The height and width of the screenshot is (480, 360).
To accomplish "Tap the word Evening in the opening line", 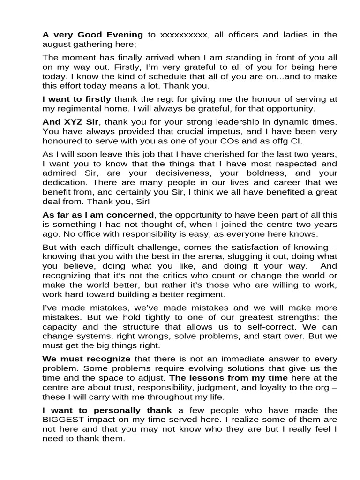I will (x=122, y=34).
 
